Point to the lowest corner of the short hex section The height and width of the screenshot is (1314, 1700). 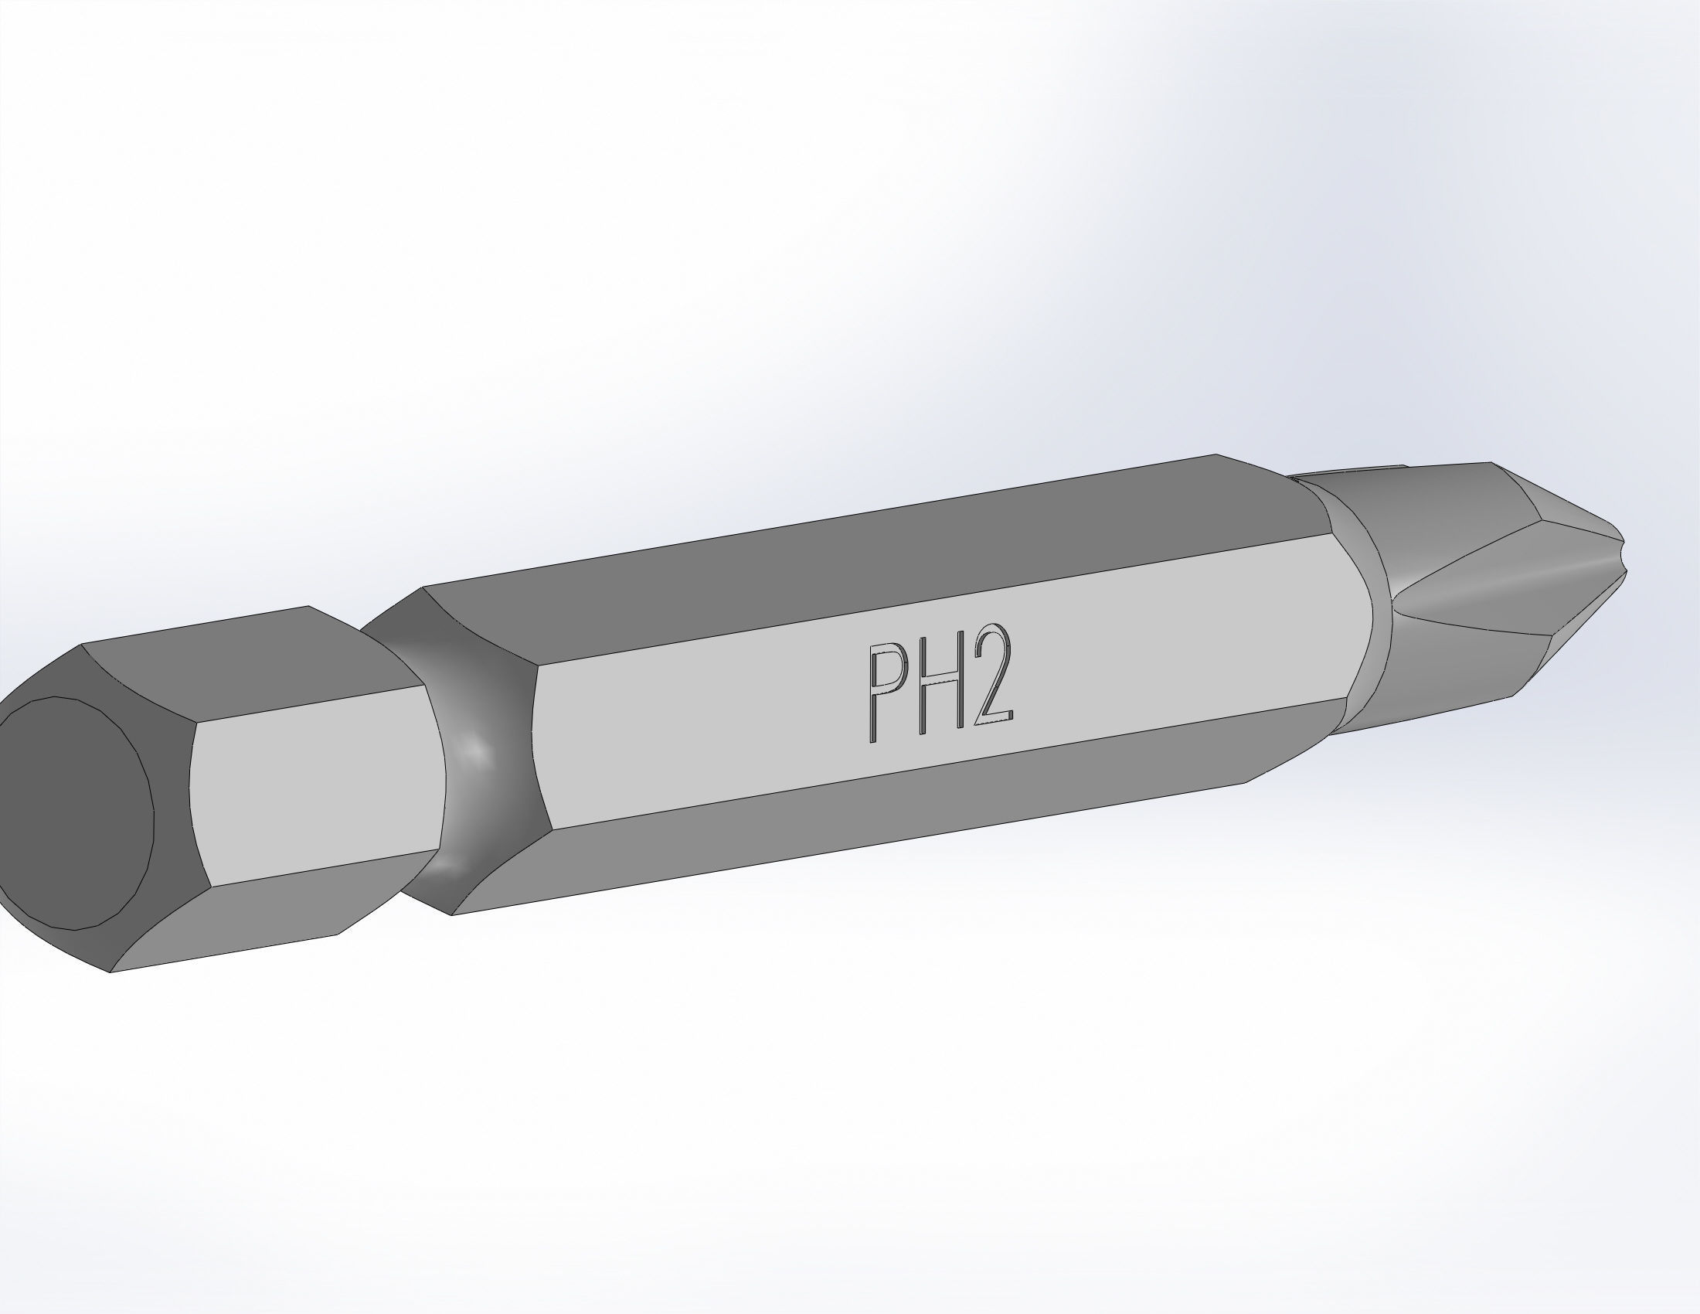point(110,972)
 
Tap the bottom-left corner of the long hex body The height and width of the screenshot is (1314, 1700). point(453,914)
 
